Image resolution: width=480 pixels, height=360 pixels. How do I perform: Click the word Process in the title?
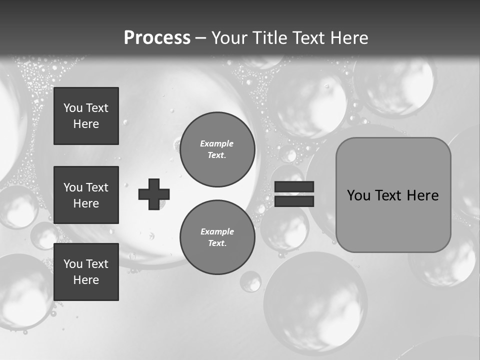pos(157,37)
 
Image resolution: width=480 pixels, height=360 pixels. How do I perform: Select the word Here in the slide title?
pos(348,38)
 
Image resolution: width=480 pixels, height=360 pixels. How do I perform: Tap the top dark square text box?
pos(86,116)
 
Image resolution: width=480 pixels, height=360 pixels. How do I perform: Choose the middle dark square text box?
pos(86,195)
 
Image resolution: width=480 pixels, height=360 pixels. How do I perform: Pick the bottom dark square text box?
pos(86,272)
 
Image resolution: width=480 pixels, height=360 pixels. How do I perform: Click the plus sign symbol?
pos(154,194)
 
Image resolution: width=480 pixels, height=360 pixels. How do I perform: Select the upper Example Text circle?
pos(217,149)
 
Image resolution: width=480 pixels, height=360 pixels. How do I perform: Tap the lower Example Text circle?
pos(217,237)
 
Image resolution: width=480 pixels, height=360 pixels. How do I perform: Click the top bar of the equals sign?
pos(294,187)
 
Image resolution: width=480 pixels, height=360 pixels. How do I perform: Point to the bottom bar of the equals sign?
pos(294,201)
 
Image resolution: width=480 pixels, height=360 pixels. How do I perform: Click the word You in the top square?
pos(72,108)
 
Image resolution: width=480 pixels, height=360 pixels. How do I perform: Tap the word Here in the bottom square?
pos(86,280)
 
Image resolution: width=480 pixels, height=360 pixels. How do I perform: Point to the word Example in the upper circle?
pos(217,143)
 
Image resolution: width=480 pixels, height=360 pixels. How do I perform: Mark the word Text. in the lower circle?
pos(217,243)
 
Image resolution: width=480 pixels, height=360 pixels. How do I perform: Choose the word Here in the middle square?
pos(86,203)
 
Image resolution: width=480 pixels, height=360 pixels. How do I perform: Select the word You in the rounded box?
pos(358,195)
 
